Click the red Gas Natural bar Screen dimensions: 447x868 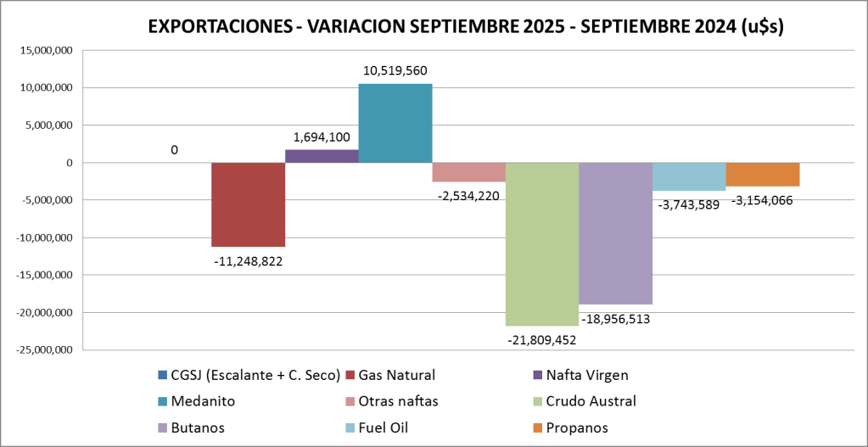(x=248, y=204)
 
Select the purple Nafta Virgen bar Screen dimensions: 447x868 (x=321, y=156)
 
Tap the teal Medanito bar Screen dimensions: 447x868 (x=395, y=123)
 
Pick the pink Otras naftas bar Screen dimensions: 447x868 (x=468, y=171)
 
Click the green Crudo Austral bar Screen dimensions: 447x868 (x=541, y=243)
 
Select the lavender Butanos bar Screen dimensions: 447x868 (x=615, y=233)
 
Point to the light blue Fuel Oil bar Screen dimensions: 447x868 (x=689, y=176)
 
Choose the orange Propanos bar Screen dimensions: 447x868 (x=762, y=174)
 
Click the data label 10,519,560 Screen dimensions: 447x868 (x=395, y=71)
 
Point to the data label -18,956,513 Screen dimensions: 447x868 (x=616, y=319)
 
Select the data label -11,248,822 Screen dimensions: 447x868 (x=248, y=261)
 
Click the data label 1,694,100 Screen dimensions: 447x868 (x=322, y=137)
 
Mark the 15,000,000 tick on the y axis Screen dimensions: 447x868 (x=48, y=50)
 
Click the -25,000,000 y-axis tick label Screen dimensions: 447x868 (x=46, y=349)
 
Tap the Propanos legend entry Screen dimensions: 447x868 (x=577, y=427)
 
